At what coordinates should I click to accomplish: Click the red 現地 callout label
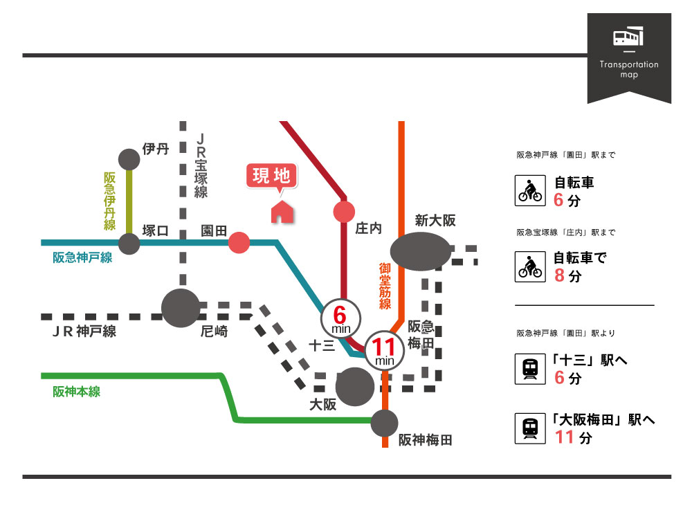[271, 176]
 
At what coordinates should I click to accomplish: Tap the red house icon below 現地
[281, 212]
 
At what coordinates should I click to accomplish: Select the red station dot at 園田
[239, 243]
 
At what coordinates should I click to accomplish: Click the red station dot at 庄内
[344, 212]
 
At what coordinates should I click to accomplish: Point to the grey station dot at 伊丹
[129, 160]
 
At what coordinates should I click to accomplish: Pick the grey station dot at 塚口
[129, 244]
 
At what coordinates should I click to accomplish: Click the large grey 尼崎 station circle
[181, 307]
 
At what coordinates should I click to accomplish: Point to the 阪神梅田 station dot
[385, 424]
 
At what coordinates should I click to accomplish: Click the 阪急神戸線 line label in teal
[82, 258]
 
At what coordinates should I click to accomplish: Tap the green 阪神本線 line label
[77, 392]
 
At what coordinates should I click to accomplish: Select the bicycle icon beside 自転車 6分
[531, 190]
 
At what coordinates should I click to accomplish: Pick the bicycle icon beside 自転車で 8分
[531, 266]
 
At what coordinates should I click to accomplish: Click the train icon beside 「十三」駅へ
[531, 369]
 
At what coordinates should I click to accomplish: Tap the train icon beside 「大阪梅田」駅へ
[531, 428]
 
